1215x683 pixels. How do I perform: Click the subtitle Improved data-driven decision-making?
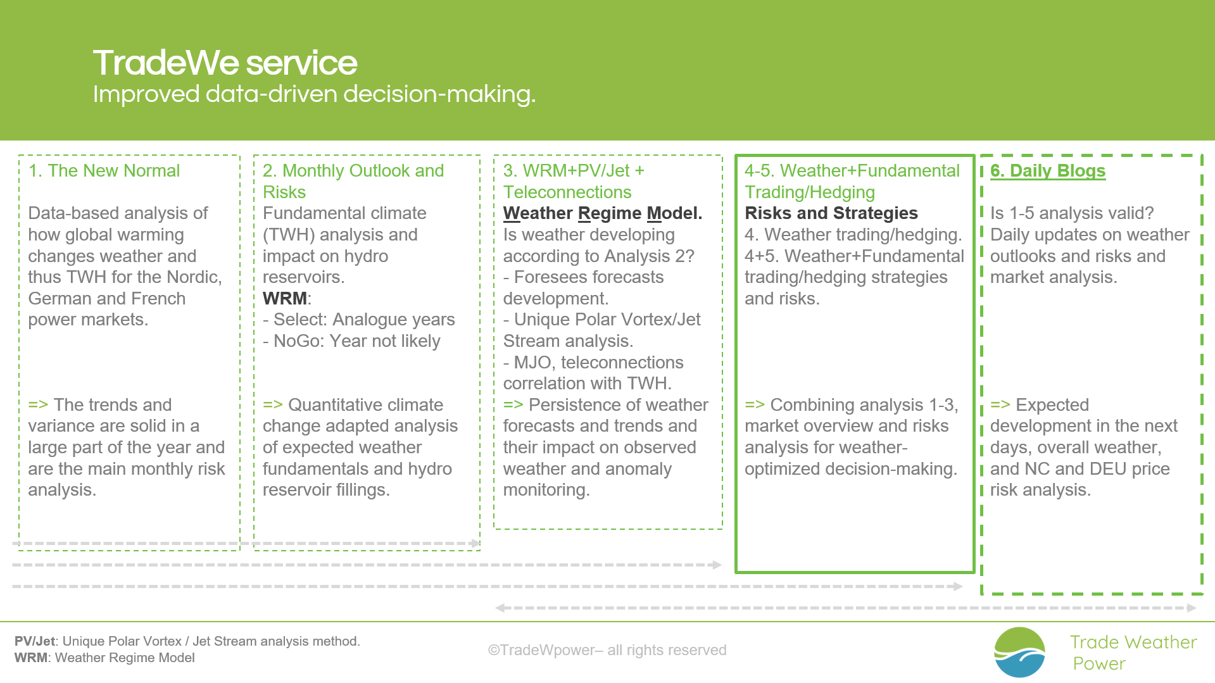point(314,94)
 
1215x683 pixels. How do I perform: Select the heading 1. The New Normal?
point(104,171)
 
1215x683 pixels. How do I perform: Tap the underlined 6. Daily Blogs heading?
point(1048,171)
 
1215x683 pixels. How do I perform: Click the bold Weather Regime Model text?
point(603,213)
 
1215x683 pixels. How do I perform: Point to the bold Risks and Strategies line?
point(831,213)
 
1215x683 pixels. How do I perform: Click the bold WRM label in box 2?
point(285,298)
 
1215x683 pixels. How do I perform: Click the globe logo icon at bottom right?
point(1019,652)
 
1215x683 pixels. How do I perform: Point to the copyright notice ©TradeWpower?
point(607,650)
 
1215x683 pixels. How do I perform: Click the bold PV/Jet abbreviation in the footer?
point(35,641)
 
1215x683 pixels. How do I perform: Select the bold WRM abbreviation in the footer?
point(31,658)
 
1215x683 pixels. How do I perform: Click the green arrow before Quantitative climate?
point(273,405)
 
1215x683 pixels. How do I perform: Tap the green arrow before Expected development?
point(1000,405)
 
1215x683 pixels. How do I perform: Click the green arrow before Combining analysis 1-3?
point(755,405)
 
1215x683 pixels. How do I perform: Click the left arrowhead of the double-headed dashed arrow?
point(500,608)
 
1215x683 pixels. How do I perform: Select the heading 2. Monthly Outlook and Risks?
point(353,182)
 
